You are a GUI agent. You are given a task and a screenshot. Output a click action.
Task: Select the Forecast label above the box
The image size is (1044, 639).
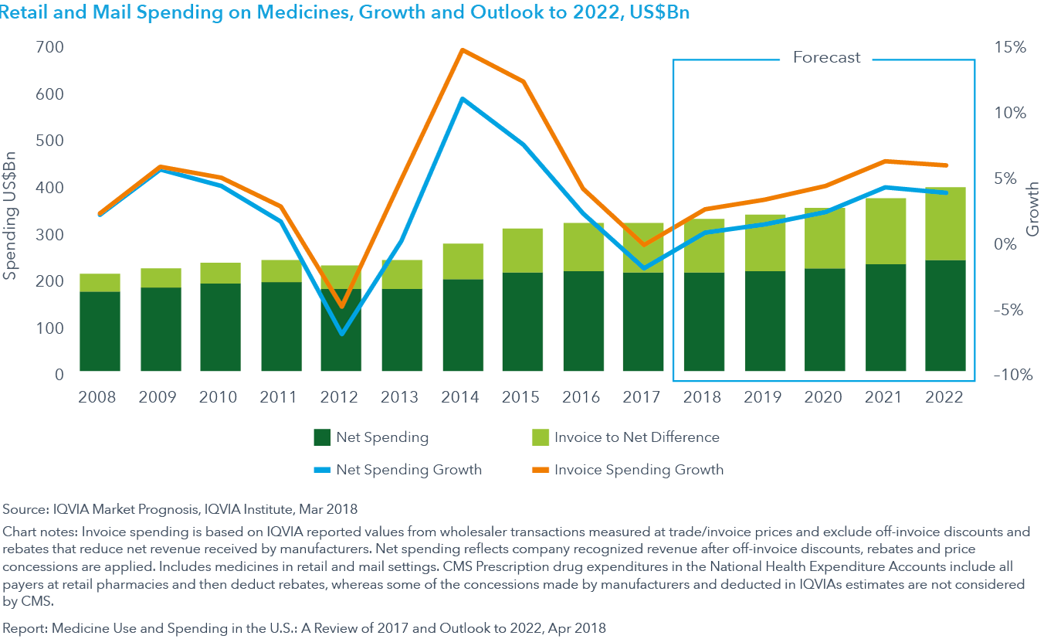(826, 58)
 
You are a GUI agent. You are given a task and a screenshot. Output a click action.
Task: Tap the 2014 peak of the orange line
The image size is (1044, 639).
(462, 51)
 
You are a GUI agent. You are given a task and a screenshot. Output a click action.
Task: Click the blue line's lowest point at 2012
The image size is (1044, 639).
(341, 334)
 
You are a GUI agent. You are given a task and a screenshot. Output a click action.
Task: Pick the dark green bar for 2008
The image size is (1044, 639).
(100, 331)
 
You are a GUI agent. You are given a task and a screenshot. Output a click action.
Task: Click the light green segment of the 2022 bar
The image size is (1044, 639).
(945, 224)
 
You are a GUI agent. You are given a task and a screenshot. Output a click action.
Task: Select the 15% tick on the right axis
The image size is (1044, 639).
(1009, 48)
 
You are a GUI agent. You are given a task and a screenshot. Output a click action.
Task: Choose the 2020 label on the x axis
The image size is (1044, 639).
(824, 397)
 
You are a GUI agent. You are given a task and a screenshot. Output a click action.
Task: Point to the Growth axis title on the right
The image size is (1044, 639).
(1032, 210)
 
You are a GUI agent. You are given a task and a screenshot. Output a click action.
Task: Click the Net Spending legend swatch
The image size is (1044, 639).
(321, 437)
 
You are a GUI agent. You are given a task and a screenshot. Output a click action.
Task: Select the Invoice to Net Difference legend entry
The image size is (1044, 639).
(636, 437)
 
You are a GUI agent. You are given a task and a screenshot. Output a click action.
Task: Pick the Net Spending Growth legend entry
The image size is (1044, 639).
(408, 470)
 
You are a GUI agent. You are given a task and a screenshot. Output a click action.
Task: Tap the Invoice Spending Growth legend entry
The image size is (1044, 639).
(639, 470)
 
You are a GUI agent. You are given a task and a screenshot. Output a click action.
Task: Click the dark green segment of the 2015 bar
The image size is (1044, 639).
(522, 321)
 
